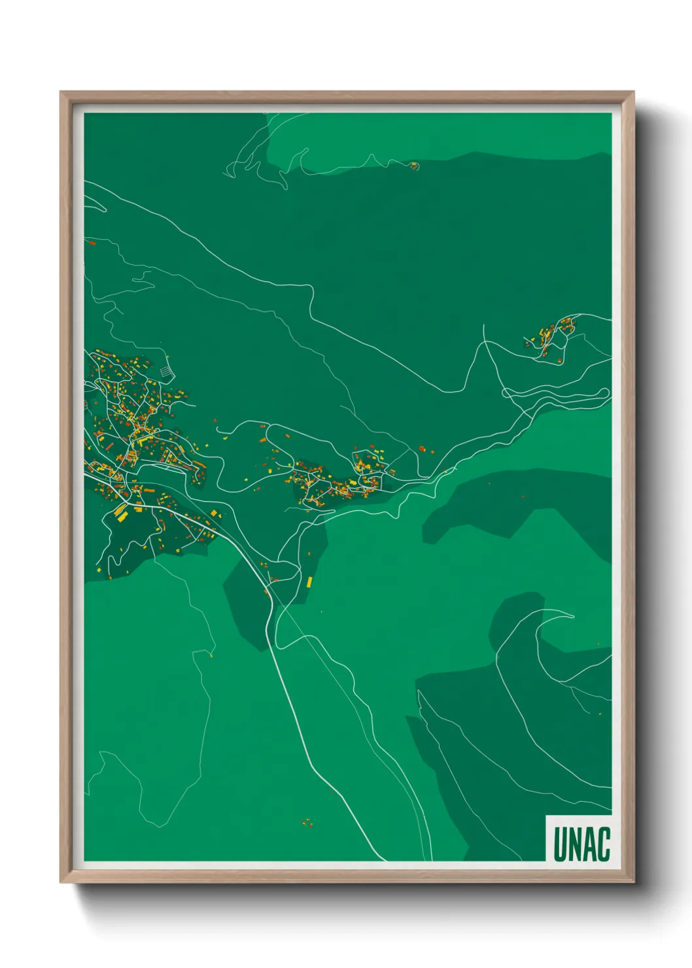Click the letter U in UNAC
pyautogui.click(x=560, y=844)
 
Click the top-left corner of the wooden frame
pyautogui.click(x=61, y=93)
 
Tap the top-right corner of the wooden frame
pyautogui.click(x=632, y=93)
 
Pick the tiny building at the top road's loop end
pyautogui.click(x=413, y=165)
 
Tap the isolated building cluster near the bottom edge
pyautogui.click(x=307, y=822)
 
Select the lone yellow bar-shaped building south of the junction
pyautogui.click(x=309, y=581)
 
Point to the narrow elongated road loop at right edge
pyautogui.click(x=556, y=394)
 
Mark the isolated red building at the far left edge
pyautogui.click(x=92, y=243)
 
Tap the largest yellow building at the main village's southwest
pyautogui.click(x=121, y=512)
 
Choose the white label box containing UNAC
pyautogui.click(x=578, y=838)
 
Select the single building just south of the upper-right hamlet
pyautogui.click(x=561, y=360)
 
